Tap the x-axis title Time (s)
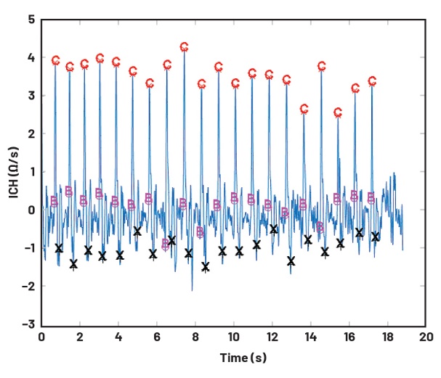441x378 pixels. [233, 358]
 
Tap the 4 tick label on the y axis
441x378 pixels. [31, 57]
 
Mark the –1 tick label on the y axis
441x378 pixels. [28, 248]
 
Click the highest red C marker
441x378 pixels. [184, 47]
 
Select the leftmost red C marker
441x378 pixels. [55, 60]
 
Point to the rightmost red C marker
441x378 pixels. [372, 81]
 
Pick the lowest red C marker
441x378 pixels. [338, 112]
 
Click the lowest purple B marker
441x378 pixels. [166, 245]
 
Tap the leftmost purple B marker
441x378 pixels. [54, 201]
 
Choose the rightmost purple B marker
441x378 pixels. [371, 197]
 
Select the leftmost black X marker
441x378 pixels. [59, 248]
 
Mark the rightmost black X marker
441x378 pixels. [375, 237]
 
